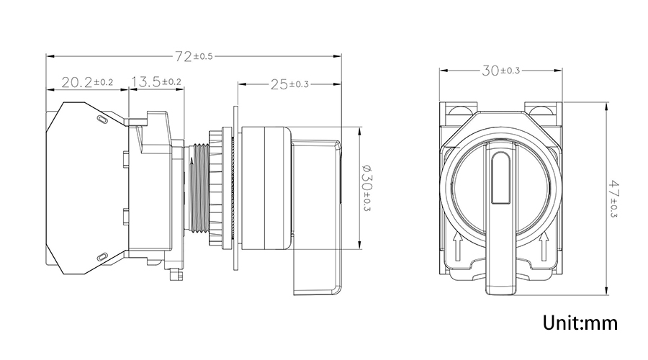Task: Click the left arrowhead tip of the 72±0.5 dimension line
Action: tap(46, 55)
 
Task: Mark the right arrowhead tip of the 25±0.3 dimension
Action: tap(341, 84)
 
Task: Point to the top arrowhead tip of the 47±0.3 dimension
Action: tap(606, 102)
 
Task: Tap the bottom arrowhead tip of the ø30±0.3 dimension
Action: tap(359, 250)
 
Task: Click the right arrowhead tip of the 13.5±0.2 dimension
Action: tap(184, 89)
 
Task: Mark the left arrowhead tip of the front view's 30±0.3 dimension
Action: tap(440, 71)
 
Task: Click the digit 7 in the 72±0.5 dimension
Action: tap(179, 56)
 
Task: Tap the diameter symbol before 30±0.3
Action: tap(366, 168)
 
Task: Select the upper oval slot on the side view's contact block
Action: tap(102, 120)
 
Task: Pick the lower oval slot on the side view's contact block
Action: tap(102, 256)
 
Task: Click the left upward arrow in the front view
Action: tap(456, 246)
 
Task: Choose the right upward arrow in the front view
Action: tap(544, 246)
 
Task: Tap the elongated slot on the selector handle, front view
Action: tap(500, 178)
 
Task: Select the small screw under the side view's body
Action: tap(176, 274)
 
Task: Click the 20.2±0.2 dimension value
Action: tap(87, 82)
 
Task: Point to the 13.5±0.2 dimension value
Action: tap(156, 82)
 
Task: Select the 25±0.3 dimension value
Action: tap(289, 84)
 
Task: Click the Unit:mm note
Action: tap(580, 323)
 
